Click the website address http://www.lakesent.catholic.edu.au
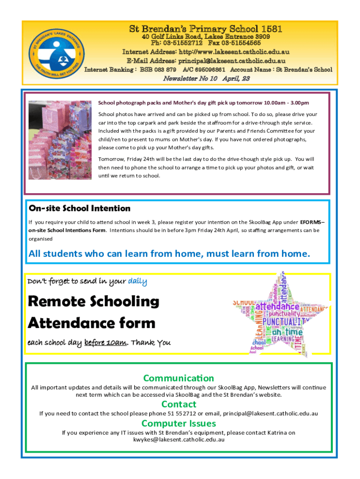[x=230, y=52]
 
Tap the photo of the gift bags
[x=61, y=141]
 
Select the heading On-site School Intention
[x=79, y=208]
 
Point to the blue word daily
[x=137, y=281]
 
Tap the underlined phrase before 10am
[x=106, y=342]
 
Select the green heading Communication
[x=179, y=378]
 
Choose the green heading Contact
[x=179, y=404]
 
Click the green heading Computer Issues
[x=179, y=423]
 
